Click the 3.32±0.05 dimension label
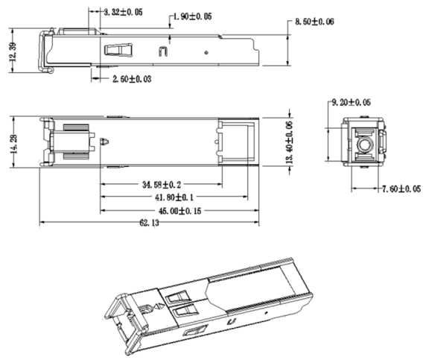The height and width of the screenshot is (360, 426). click(x=123, y=13)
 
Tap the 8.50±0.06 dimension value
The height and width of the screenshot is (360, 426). click(x=314, y=22)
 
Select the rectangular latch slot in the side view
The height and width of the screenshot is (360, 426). click(x=115, y=51)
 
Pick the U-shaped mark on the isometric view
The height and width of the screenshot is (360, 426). click(x=232, y=322)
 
